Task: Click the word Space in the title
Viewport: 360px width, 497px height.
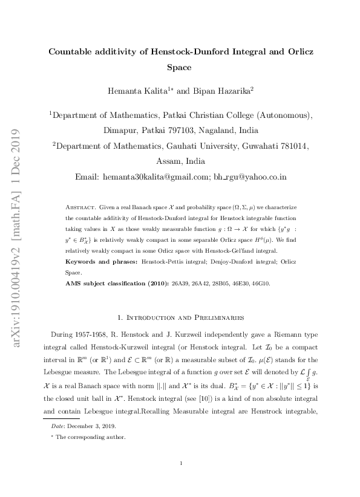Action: (179, 68)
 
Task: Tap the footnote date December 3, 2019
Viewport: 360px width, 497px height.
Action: (86, 426)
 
